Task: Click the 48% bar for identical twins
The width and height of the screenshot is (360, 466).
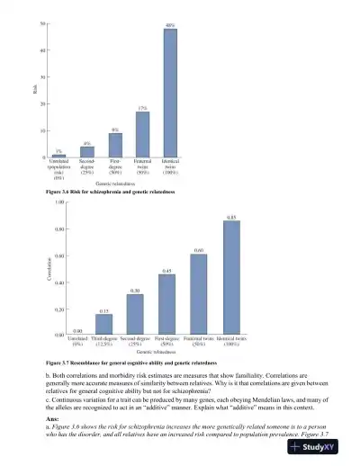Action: coord(170,93)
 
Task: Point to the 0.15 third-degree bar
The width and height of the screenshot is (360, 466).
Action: coord(104,336)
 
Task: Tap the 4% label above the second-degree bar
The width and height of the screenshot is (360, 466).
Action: coord(87,143)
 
